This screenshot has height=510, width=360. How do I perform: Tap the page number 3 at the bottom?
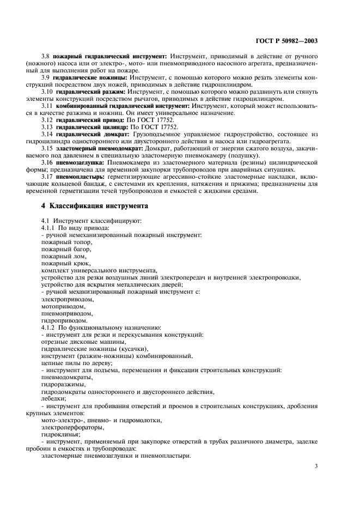pyautogui.click(x=316, y=466)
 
